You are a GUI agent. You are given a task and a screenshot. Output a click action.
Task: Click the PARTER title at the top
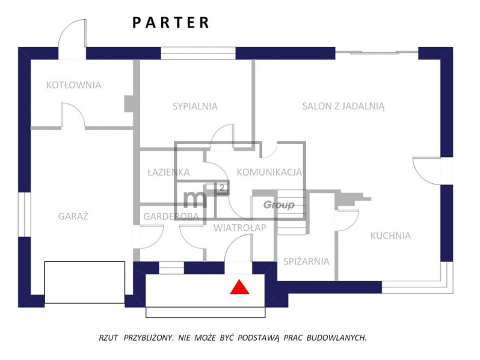(171, 23)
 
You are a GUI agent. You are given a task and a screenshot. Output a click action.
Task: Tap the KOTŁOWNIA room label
(74, 85)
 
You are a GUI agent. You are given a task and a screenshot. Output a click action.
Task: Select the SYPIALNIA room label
(195, 106)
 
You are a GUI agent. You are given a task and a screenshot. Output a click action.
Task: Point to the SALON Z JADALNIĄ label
(343, 106)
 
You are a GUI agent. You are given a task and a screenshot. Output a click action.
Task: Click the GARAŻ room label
(73, 216)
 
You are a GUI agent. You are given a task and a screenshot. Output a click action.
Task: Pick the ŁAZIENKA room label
(168, 172)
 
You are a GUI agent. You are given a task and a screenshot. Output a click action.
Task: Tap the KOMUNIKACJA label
(269, 172)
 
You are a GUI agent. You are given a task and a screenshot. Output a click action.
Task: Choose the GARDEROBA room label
(171, 216)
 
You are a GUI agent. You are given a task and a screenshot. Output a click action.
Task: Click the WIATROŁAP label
(239, 228)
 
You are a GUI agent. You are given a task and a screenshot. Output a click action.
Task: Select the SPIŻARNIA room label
(306, 261)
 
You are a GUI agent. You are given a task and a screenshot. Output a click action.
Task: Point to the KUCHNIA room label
(390, 236)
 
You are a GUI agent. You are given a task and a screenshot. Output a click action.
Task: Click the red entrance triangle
(239, 287)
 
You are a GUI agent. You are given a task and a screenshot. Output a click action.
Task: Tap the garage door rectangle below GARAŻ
(84, 282)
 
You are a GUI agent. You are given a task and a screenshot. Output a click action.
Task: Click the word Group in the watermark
(279, 204)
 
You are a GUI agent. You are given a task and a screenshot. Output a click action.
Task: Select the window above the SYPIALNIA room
(198, 53)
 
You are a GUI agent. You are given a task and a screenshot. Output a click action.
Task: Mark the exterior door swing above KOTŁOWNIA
(72, 40)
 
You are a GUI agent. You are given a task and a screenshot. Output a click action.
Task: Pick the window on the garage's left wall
(25, 215)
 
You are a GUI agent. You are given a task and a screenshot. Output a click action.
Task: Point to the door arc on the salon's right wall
(426, 171)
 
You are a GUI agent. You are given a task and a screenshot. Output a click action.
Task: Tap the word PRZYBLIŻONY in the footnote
(149, 338)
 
